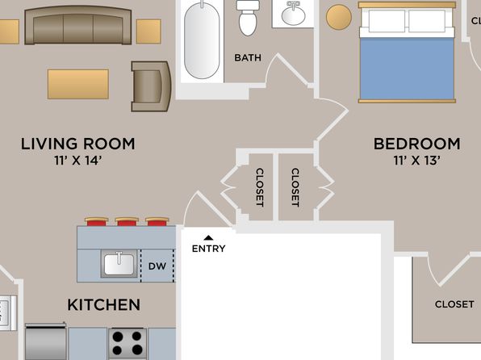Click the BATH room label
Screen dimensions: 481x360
[248, 57]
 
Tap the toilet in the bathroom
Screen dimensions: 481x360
[248, 18]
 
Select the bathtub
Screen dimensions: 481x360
[202, 40]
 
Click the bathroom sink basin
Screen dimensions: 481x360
[293, 14]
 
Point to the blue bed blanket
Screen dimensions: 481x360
[407, 68]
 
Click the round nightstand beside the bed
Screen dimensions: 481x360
[339, 18]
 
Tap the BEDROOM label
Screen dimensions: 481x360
[416, 144]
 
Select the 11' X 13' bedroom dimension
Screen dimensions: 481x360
[416, 160]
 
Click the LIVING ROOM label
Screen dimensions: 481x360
[78, 144]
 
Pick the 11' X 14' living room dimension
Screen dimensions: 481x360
[78, 160]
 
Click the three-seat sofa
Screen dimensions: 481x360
[78, 25]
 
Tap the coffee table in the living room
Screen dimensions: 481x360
[78, 84]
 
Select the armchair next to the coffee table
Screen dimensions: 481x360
[151, 86]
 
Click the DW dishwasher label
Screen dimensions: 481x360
[157, 266]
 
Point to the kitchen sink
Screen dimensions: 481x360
[119, 264]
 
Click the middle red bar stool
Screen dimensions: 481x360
[127, 221]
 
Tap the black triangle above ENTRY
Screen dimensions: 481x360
[208, 237]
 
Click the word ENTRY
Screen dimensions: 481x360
[208, 249]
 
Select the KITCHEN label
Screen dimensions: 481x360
[103, 305]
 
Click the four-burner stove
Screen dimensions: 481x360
[128, 344]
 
